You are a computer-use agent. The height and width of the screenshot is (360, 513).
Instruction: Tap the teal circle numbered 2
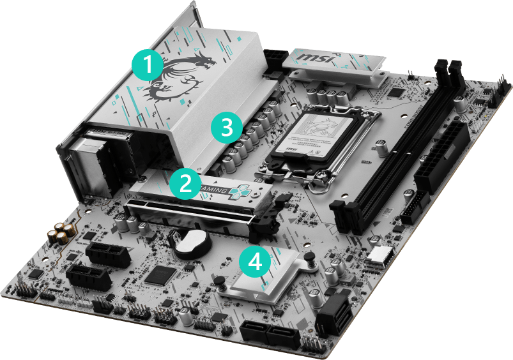[x=185, y=183]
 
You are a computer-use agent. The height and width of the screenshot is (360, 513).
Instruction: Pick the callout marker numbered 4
[x=255, y=262]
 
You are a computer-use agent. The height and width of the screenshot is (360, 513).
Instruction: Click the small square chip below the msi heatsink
[x=397, y=94]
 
